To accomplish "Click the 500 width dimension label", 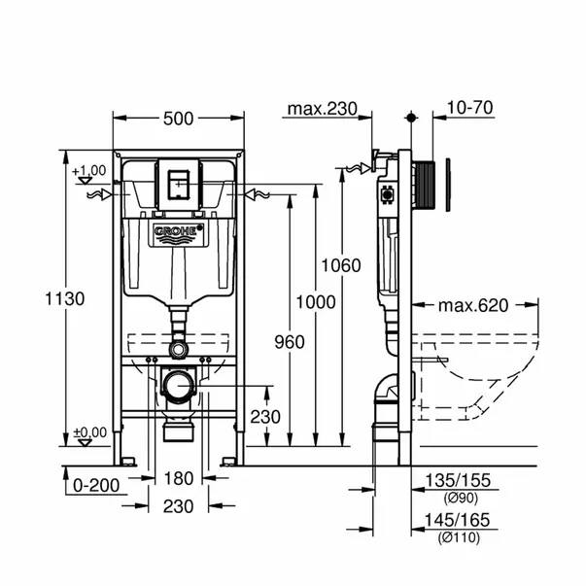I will tap(178, 119).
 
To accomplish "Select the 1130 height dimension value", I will tap(39, 298).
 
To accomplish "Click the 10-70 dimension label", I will tap(470, 109).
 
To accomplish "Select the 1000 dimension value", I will tap(315, 303).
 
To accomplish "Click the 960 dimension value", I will tap(289, 341).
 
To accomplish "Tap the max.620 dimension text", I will tap(472, 306).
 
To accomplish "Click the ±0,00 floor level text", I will tap(90, 431).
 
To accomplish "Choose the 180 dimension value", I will tap(178, 477).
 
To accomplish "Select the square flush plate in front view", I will tap(178, 182).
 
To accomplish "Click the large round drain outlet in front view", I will tap(178, 388).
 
